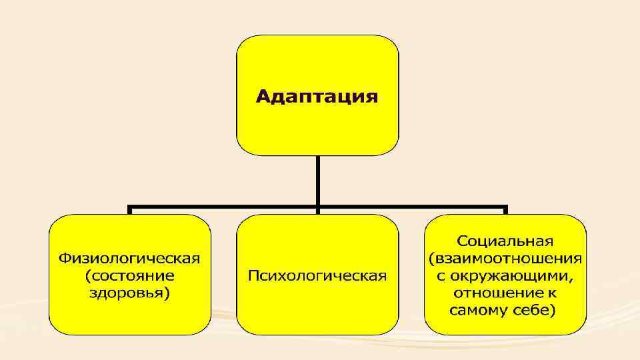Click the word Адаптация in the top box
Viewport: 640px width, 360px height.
point(317,97)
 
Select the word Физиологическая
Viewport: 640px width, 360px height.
point(130,257)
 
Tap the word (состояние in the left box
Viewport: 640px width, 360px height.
point(130,275)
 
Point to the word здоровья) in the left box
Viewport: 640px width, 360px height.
point(130,293)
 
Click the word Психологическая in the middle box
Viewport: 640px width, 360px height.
point(317,276)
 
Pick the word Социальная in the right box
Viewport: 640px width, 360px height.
point(505,240)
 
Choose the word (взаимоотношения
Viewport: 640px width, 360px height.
point(505,257)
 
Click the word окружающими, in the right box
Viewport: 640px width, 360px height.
point(513,275)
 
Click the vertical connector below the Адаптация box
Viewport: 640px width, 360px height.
point(318,180)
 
